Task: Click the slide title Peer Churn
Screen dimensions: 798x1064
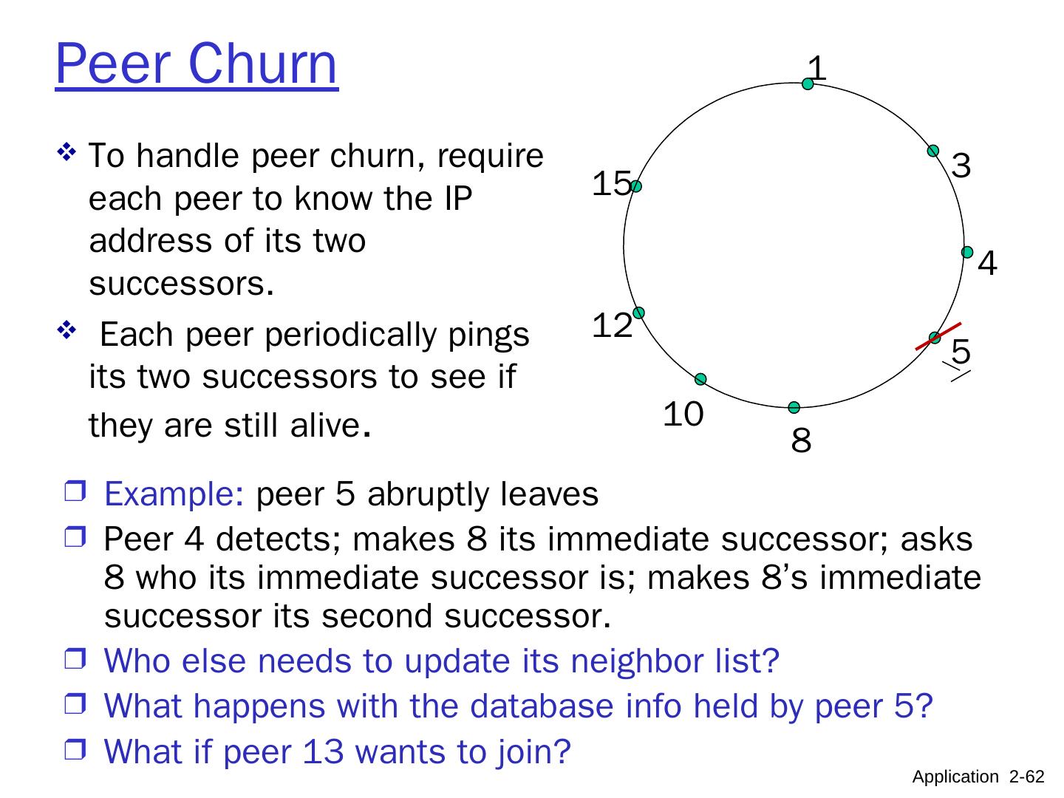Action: coord(197,65)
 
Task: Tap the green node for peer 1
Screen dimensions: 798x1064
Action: coord(808,84)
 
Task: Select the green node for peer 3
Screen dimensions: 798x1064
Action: coord(933,151)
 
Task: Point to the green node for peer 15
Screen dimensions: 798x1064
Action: coord(636,186)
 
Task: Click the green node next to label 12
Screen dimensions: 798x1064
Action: coord(638,313)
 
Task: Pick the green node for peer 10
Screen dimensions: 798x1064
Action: coord(700,379)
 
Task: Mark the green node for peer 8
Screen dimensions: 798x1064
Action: coord(794,408)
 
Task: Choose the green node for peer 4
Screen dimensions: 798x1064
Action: coord(967,252)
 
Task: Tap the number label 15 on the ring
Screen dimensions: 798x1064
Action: coord(612,184)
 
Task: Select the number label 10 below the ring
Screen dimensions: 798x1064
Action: coord(683,415)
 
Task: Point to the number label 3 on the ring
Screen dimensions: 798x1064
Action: coord(961,166)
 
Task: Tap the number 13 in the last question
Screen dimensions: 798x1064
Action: coord(322,751)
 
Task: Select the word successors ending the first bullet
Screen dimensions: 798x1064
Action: coord(177,283)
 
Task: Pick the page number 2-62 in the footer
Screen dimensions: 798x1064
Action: coord(1027,777)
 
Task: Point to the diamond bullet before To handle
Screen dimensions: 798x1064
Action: coord(67,154)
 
